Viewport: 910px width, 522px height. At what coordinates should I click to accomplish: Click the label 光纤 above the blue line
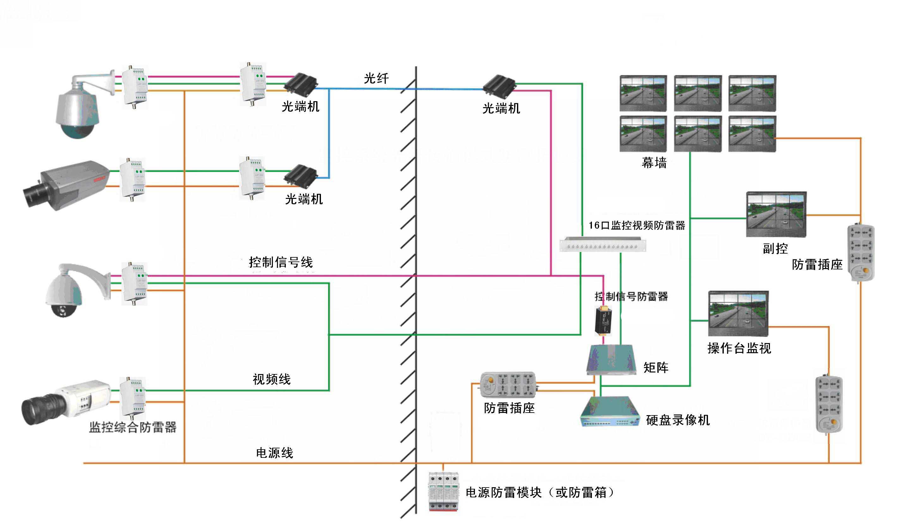pyautogui.click(x=376, y=78)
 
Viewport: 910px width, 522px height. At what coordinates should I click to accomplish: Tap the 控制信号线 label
pyautogui.click(x=281, y=262)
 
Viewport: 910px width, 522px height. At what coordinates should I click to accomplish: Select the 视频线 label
pyautogui.click(x=271, y=379)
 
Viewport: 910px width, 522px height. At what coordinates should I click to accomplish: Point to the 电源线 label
pyautogui.click(x=274, y=453)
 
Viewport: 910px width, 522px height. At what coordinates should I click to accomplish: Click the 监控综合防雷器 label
pyautogui.click(x=133, y=427)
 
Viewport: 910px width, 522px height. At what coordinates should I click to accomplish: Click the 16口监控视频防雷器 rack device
pyautogui.click(x=603, y=245)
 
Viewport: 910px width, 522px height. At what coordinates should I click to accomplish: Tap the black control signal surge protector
pyautogui.click(x=603, y=321)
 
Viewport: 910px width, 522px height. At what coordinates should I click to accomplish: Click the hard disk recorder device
pyautogui.click(x=610, y=412)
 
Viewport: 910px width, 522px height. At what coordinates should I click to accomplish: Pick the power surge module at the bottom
pyautogui.click(x=444, y=491)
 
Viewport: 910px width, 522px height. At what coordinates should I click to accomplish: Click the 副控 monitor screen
pyautogui.click(x=776, y=214)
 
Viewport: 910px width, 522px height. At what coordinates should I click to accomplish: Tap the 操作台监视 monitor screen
pyautogui.click(x=738, y=313)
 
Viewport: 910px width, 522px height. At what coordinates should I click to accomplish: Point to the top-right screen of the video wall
pyautogui.click(x=752, y=93)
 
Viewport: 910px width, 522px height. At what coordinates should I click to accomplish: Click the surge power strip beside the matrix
pyautogui.click(x=508, y=385)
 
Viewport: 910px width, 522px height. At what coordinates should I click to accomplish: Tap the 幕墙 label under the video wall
pyautogui.click(x=654, y=163)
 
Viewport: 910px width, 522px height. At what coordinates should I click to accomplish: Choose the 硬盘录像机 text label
pyautogui.click(x=678, y=420)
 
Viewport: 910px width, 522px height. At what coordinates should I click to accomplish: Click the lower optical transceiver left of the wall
pyautogui.click(x=300, y=176)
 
